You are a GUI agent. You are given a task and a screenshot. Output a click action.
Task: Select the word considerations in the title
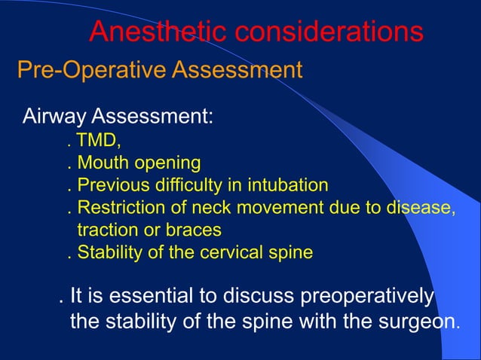pos(329,32)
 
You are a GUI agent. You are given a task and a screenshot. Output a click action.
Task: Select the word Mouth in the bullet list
pos(100,163)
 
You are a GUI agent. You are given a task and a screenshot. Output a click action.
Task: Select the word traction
pos(105,230)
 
